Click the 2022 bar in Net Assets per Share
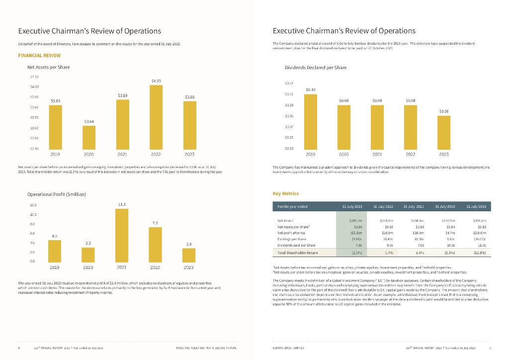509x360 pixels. (156, 117)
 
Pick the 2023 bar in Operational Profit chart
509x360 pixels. (189, 255)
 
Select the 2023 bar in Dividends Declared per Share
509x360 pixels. (444, 132)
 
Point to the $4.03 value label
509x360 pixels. (156, 81)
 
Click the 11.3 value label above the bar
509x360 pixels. (122, 204)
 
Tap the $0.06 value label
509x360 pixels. (444, 111)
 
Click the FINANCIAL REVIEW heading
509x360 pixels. (39, 56)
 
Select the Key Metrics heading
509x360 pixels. (286, 193)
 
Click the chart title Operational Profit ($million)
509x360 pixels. (56, 194)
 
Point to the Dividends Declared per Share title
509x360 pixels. (316, 67)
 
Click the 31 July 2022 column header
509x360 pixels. (382, 206)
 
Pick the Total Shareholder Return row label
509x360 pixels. (297, 253)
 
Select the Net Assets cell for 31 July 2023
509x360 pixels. (355, 220)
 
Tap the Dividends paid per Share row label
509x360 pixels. (296, 245)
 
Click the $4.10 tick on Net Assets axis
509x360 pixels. (34, 76)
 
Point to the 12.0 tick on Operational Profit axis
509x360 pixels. (33, 205)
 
